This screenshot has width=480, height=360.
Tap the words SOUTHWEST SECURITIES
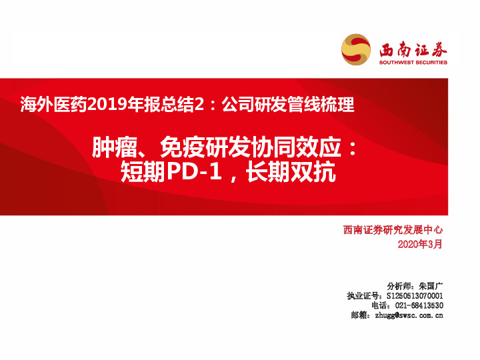tap(413, 63)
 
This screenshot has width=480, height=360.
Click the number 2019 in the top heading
tap(106, 104)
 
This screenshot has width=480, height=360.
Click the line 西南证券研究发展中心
tap(393, 231)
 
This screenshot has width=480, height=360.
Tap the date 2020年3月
tap(420, 245)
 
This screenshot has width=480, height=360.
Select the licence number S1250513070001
tap(415, 295)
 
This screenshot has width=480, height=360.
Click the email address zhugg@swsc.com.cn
tap(409, 315)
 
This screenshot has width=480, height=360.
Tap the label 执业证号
tap(363, 295)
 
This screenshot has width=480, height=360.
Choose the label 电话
tap(381, 305)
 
